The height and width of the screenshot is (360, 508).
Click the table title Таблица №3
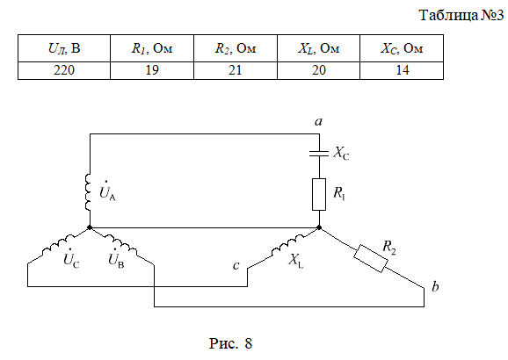point(461,15)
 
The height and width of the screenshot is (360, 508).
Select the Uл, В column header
point(64,48)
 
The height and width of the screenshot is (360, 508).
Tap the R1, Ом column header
point(152,48)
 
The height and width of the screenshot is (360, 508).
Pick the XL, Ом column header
point(318,48)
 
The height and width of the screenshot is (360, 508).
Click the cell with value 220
point(64,70)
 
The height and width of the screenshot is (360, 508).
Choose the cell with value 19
point(152,70)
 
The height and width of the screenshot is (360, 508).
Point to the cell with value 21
point(236,70)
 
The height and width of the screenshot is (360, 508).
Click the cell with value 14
point(402,70)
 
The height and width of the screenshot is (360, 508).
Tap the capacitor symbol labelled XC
point(319,153)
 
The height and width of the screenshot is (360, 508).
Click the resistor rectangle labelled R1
point(319,194)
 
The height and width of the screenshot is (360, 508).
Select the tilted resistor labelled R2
point(371,258)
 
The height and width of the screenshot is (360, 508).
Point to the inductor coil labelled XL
point(287,245)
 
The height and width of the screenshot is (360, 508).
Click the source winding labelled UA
point(88,192)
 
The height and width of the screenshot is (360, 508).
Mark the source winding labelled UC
point(58,245)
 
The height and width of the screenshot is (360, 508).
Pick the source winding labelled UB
point(120,245)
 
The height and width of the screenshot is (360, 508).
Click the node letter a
point(319,121)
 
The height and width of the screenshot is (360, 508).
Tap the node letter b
point(435,286)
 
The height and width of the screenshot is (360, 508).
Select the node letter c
point(236,265)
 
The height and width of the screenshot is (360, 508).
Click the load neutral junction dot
point(319,227)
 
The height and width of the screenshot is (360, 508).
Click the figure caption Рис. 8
point(230,343)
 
